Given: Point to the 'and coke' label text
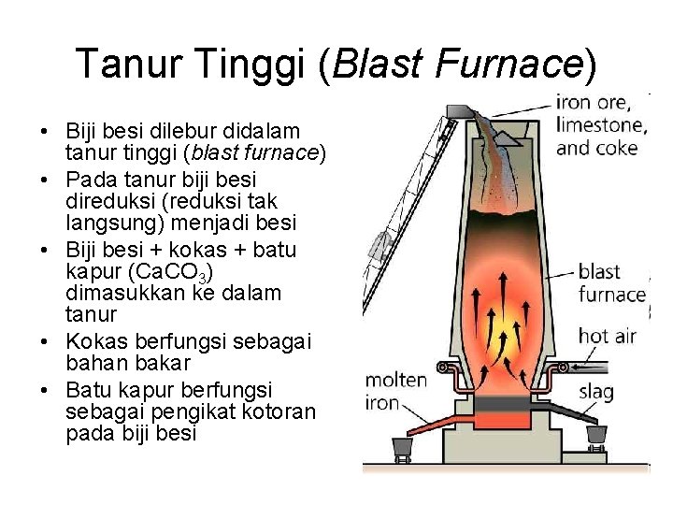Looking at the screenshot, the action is [597, 148].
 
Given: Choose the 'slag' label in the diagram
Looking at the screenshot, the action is [596, 391].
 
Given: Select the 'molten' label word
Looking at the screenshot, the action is [395, 381].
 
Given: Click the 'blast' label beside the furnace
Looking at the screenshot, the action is [600, 272].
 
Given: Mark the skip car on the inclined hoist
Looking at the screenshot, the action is [379, 245].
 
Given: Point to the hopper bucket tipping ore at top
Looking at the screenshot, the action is [459, 111].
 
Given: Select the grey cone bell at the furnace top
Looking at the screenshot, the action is [506, 137].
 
